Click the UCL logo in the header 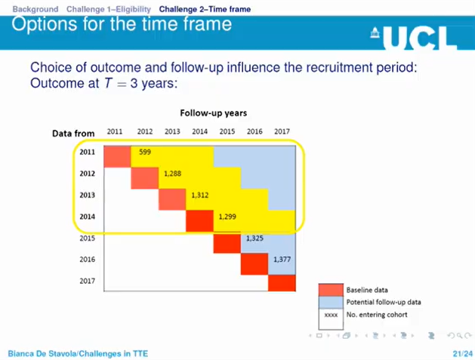tap(415, 36)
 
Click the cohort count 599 tap(145, 151)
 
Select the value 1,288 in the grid tap(173, 173)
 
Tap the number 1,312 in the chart tap(200, 195)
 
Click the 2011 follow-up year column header tap(115, 131)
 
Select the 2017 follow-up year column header tap(281, 131)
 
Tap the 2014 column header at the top tap(199, 131)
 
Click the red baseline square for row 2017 tap(282, 282)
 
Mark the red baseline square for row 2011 tap(117, 156)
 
